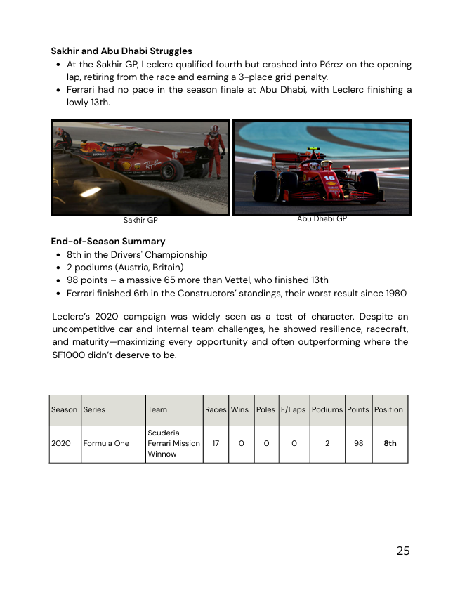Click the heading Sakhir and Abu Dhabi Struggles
[121, 51]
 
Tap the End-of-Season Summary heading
[108, 242]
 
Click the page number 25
[402, 551]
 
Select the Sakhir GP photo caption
[140, 221]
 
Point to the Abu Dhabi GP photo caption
[322, 219]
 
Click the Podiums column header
[327, 409]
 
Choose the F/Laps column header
[293, 409]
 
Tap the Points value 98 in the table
[358, 443]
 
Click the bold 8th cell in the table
[390, 443]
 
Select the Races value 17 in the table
[216, 443]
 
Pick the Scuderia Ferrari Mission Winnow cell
[173, 443]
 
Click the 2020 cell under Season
[61, 443]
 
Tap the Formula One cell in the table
[106, 443]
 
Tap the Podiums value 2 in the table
[327, 443]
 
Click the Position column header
[389, 409]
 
